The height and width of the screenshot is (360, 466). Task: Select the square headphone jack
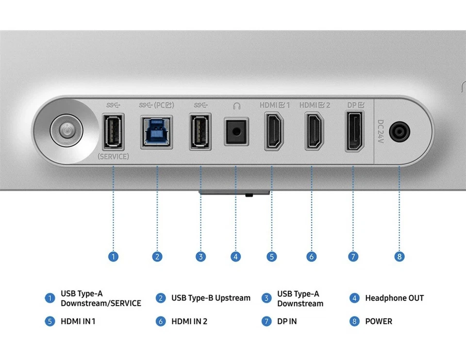click(x=236, y=131)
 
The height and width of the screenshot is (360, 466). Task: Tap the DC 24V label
click(x=381, y=131)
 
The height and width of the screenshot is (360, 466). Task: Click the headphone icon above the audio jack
click(x=236, y=105)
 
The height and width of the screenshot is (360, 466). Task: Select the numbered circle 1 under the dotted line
click(x=113, y=257)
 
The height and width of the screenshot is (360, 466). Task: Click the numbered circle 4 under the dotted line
click(x=236, y=257)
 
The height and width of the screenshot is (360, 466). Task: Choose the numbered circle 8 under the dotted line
click(x=399, y=257)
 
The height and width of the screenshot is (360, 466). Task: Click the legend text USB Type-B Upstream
click(x=211, y=298)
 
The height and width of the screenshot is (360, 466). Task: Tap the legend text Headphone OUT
click(x=394, y=298)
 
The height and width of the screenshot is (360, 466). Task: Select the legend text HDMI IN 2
click(x=189, y=321)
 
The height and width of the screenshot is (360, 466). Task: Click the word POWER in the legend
click(x=379, y=321)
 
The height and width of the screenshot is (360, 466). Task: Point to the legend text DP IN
click(x=287, y=321)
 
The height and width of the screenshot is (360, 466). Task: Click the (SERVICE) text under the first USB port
click(x=113, y=157)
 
